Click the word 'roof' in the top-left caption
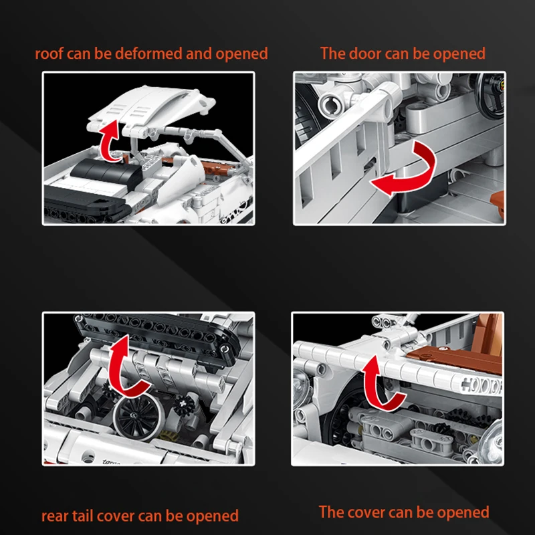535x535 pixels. [x=49, y=54]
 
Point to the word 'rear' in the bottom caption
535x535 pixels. [x=55, y=516]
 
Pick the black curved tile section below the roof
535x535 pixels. [x=106, y=173]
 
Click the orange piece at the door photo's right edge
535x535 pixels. [x=498, y=205]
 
